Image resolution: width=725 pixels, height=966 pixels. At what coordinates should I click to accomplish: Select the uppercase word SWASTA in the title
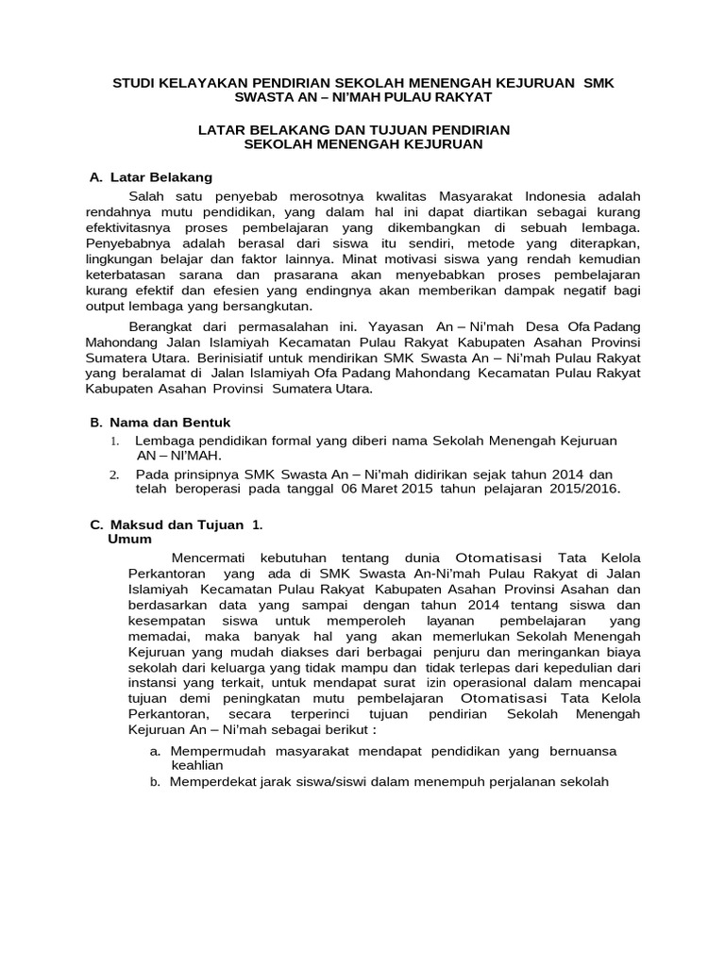coord(267,97)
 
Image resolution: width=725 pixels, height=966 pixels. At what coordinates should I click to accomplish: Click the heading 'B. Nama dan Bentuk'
coord(155,422)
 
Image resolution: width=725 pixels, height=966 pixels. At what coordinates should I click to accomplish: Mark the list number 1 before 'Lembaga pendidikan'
coord(113,441)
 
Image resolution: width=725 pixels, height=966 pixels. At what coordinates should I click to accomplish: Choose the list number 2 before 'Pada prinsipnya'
coord(113,474)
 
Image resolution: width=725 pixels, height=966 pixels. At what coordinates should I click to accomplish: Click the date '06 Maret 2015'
coord(375,489)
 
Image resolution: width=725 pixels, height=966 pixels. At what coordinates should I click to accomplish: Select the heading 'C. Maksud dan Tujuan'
coord(166,524)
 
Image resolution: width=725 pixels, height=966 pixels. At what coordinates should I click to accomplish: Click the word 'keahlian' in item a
coord(196,765)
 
